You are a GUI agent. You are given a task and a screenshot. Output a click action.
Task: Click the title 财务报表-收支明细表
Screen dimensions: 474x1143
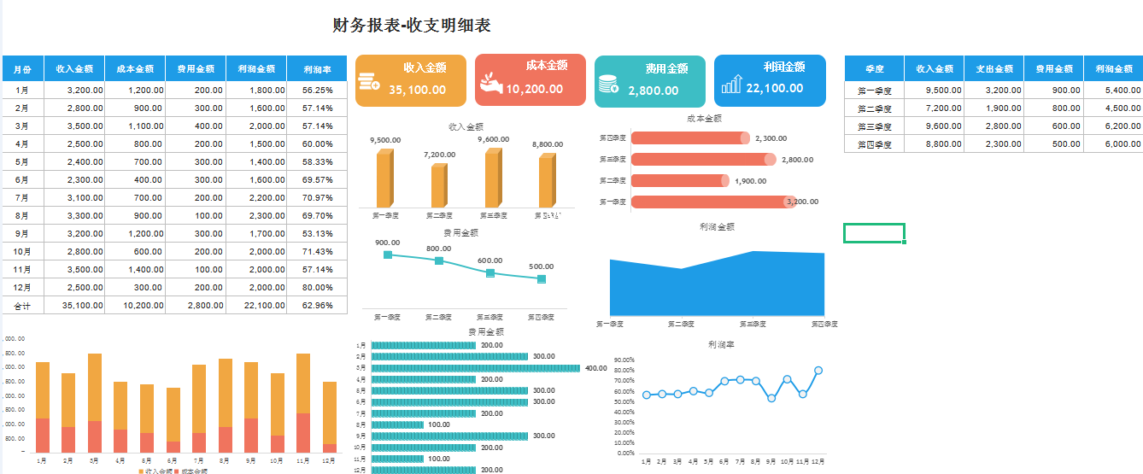tap(412, 26)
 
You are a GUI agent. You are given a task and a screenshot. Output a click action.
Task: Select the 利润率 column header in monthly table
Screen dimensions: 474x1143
tap(317, 69)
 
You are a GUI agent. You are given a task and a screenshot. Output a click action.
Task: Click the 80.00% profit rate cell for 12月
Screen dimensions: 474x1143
tap(317, 287)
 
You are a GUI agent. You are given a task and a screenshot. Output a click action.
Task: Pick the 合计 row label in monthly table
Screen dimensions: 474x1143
tap(22, 305)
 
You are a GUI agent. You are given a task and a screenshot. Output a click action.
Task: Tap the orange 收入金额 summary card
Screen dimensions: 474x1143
tap(410, 80)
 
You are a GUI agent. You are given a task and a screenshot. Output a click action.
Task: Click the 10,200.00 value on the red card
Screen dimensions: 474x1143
tap(534, 89)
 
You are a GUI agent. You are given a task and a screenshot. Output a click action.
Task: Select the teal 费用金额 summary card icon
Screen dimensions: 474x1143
tap(608, 84)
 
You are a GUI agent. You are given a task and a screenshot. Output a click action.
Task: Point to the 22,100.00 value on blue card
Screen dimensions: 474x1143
tap(774, 88)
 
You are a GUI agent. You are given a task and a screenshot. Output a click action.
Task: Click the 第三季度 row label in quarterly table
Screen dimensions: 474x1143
tap(874, 126)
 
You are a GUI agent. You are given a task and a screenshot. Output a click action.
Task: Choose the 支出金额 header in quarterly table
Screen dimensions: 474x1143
tap(994, 69)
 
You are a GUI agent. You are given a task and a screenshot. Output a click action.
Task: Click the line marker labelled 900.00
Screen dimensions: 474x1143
tap(388, 255)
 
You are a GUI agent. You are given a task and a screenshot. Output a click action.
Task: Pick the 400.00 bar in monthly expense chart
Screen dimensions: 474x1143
tap(476, 368)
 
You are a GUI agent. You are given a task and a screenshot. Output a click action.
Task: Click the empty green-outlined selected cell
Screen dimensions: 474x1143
tap(874, 233)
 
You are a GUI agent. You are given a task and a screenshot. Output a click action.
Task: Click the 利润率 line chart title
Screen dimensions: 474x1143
tap(721, 344)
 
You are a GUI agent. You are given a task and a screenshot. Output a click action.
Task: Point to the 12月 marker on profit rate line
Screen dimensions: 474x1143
tap(818, 371)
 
